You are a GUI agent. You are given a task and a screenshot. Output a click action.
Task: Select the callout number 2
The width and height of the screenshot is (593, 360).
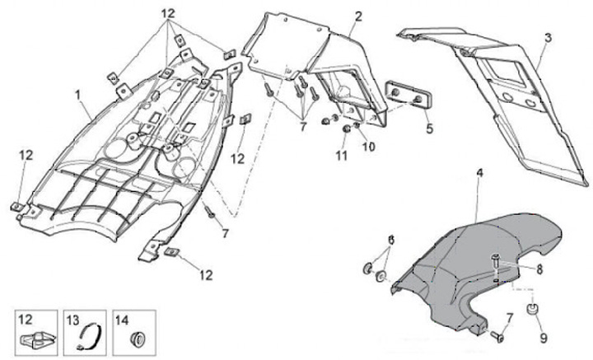[358, 16]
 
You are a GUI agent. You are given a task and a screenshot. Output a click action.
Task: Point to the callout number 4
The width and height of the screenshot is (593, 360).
[480, 174]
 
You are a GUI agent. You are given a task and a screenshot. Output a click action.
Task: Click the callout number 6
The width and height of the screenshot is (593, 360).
[391, 239]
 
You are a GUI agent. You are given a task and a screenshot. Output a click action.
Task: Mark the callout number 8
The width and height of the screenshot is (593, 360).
[539, 269]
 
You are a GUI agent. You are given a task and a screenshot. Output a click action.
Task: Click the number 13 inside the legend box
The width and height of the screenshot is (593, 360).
[72, 319]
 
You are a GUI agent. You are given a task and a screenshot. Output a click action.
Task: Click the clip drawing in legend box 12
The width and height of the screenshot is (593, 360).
[34, 338]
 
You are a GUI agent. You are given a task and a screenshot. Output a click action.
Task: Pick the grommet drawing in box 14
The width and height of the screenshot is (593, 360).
[137, 337]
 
